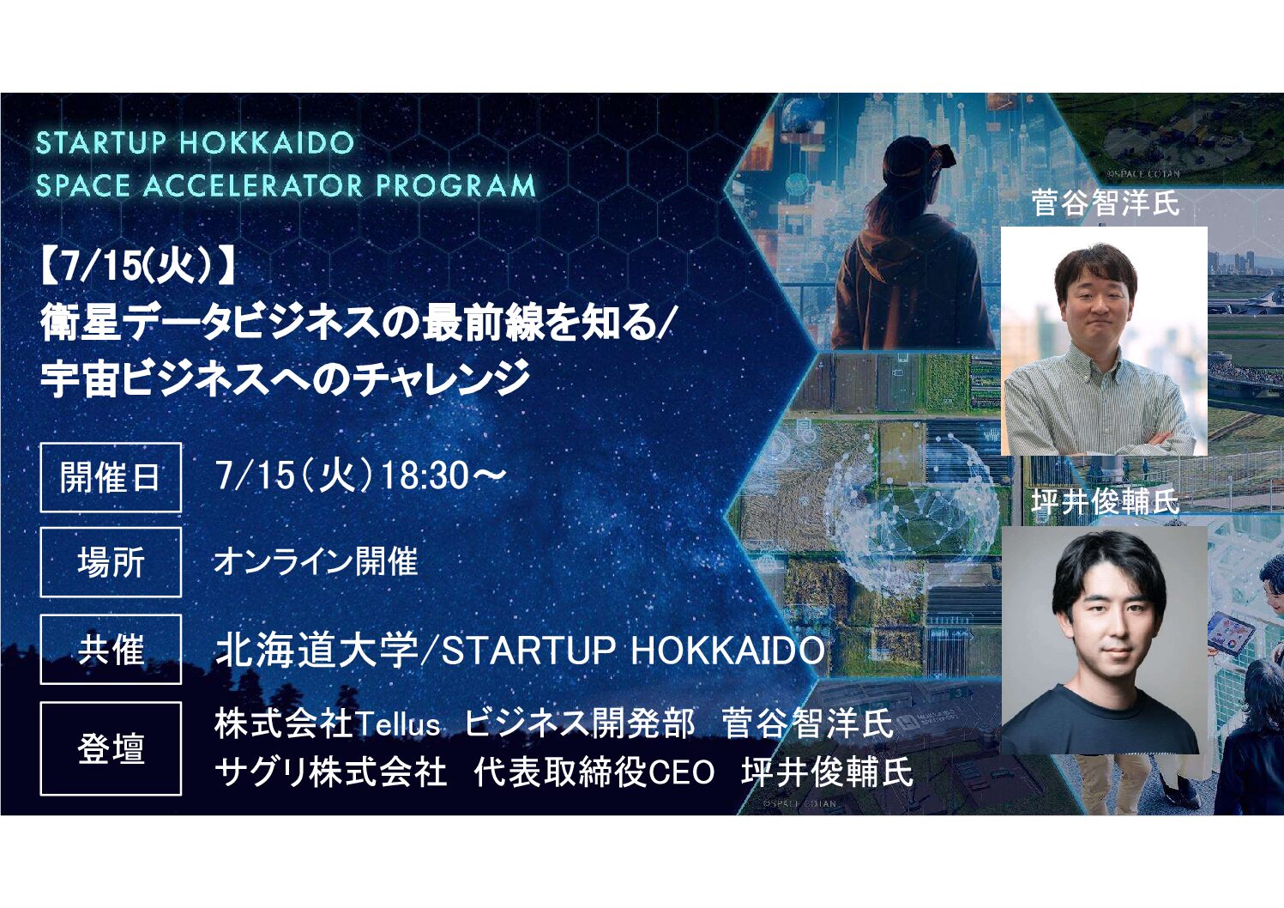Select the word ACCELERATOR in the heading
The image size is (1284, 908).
[x=253, y=186]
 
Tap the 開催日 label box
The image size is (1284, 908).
[x=111, y=477]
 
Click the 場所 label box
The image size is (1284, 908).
[x=111, y=562]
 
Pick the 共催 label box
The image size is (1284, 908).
[x=111, y=650]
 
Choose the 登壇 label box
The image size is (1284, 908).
[x=111, y=748]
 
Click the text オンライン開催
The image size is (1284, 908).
[x=316, y=561]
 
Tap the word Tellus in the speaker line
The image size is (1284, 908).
[x=398, y=723]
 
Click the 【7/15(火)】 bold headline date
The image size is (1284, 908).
[x=139, y=269]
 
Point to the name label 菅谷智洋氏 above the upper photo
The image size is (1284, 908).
[x=1105, y=203]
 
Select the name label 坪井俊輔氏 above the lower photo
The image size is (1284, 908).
[x=1105, y=502]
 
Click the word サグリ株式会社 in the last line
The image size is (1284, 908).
[x=330, y=772]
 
